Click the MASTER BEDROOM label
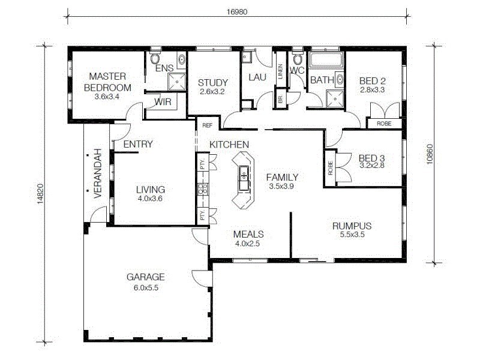(x=107, y=82)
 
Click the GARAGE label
(x=145, y=277)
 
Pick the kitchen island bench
(x=243, y=180)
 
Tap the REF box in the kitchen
(x=208, y=125)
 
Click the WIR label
(x=163, y=102)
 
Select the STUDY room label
(x=212, y=83)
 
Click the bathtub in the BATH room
(x=326, y=61)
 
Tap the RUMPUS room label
(x=352, y=226)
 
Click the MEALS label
(x=249, y=234)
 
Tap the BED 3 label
(x=372, y=158)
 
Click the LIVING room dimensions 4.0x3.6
(x=150, y=198)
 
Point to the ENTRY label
(x=137, y=144)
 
